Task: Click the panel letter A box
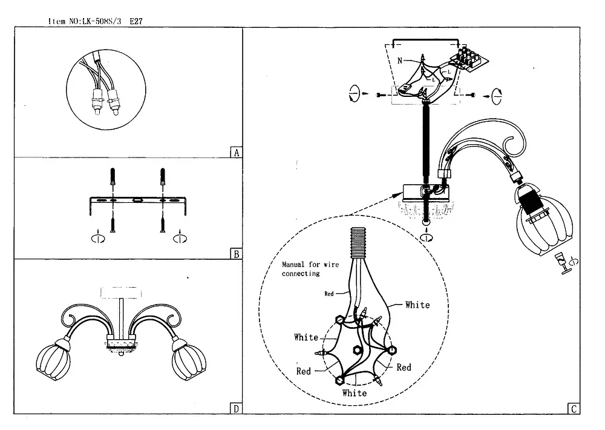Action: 237,153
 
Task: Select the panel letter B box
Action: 237,254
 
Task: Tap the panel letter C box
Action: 574,409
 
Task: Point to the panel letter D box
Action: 237,409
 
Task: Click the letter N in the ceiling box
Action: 400,61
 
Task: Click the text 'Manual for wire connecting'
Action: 310,269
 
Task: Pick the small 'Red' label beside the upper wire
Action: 329,294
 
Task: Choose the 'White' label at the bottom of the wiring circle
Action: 354,393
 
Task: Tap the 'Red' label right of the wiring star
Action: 404,368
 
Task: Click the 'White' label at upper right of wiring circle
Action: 417,305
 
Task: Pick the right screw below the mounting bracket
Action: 162,225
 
